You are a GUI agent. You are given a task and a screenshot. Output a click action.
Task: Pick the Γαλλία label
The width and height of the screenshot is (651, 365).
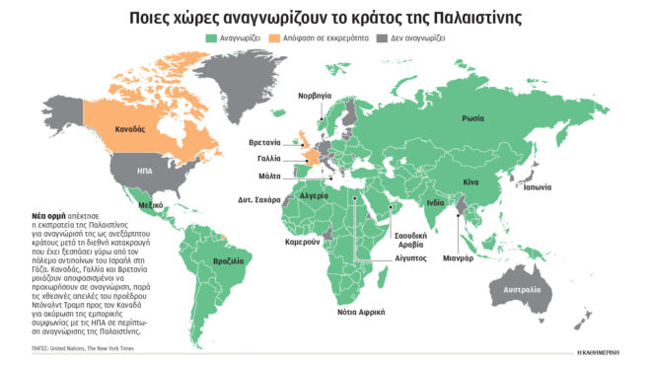267,157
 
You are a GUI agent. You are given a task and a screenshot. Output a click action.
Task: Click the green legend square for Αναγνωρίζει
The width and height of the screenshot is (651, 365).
210,37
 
